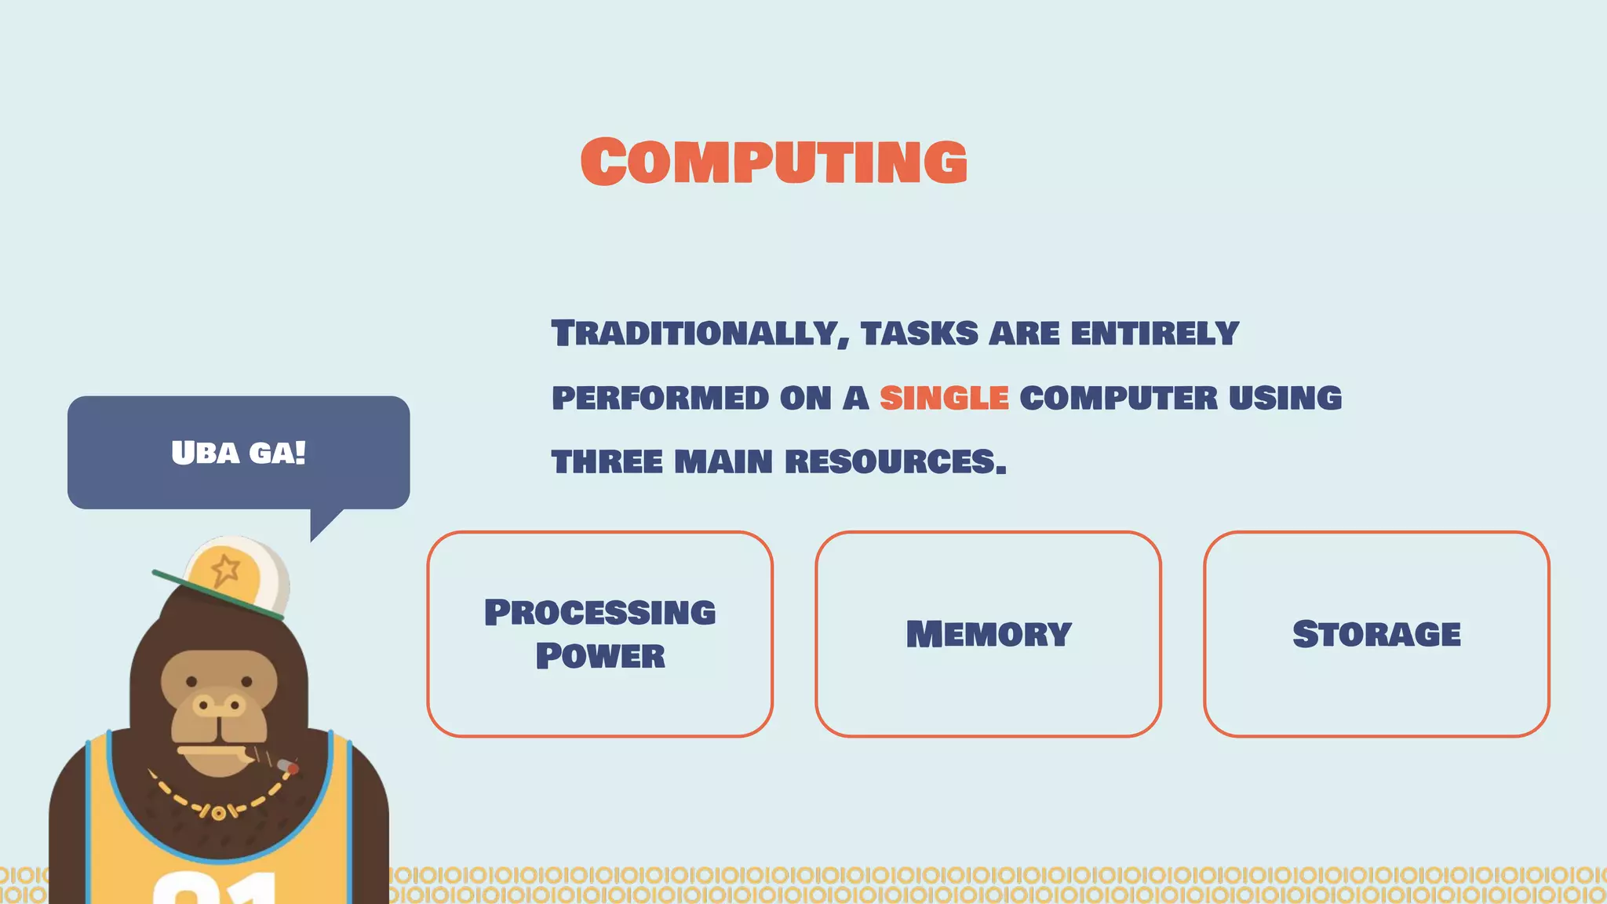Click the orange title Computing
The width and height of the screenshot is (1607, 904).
(x=774, y=162)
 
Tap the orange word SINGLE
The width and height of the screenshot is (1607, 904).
(x=944, y=398)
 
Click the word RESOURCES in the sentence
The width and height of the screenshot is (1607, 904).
(x=895, y=461)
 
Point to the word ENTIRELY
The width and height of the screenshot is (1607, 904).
(x=1154, y=334)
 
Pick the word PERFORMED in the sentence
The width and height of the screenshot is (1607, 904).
(x=660, y=398)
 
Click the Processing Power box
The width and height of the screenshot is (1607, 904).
(x=600, y=633)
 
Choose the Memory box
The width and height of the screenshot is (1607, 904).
(x=988, y=633)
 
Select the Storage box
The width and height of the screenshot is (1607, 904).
(x=1376, y=633)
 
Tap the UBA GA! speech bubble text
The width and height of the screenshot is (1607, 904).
(x=239, y=453)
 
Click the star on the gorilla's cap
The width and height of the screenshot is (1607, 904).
(x=226, y=569)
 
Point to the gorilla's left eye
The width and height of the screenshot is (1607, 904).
(x=191, y=681)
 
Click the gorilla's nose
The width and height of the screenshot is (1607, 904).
(x=219, y=705)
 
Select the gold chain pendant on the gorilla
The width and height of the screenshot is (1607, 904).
(x=218, y=813)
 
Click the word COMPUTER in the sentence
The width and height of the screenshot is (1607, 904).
(x=1118, y=398)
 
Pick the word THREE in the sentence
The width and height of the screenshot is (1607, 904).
(x=607, y=461)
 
